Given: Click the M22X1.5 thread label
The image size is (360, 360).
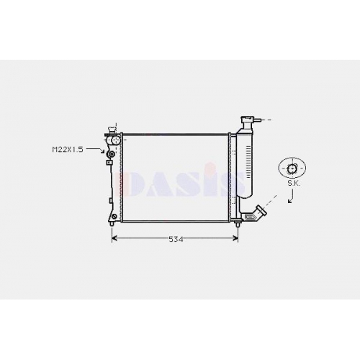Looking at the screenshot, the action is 68,150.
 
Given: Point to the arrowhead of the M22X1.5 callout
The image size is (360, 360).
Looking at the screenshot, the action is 103,152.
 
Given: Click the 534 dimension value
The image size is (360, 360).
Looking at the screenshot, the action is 176,239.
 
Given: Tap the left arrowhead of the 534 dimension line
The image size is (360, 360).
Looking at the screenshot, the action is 114,238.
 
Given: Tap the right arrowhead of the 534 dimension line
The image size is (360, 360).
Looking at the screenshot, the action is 235,238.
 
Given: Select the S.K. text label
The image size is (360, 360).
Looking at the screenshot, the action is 294,184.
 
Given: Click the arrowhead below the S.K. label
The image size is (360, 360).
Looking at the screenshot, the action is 290,201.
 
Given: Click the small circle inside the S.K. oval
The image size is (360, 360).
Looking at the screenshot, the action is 292,168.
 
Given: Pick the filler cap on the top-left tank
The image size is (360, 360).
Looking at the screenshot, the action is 112,130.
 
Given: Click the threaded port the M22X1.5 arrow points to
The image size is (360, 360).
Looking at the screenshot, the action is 111,154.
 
